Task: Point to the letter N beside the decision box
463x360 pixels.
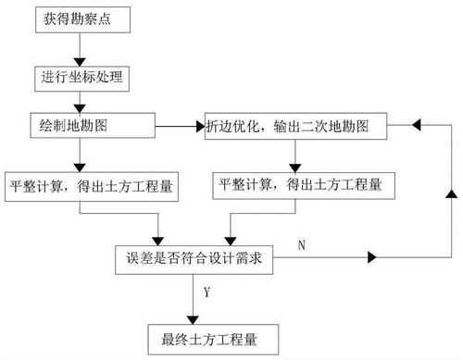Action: point(303,243)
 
